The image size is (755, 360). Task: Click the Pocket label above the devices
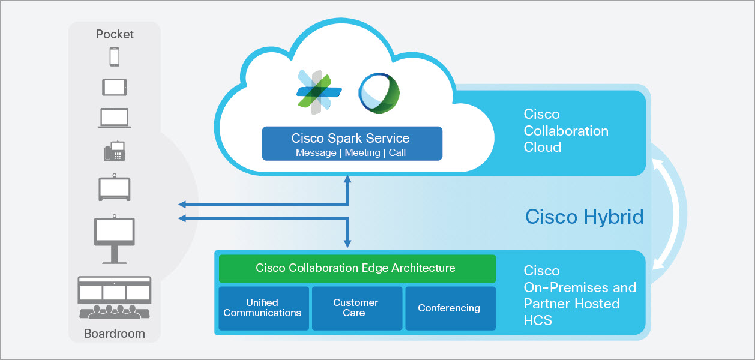point(114,34)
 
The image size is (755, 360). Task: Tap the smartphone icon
point(114,57)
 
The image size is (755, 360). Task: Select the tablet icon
point(114,87)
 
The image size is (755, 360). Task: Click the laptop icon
point(114,117)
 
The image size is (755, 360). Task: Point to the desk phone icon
point(114,151)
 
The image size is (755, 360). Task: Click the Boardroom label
point(114,334)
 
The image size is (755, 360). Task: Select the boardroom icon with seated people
point(114,299)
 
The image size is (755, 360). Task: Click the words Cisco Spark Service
point(350,138)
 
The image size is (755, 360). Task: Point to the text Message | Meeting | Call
point(350,153)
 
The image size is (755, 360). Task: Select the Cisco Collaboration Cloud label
point(565,131)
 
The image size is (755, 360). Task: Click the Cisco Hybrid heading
point(584,217)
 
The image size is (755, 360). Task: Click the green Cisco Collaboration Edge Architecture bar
point(356,268)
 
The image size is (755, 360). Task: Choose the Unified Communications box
point(263,308)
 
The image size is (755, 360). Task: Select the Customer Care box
point(356,308)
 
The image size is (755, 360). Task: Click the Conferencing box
point(450,308)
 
